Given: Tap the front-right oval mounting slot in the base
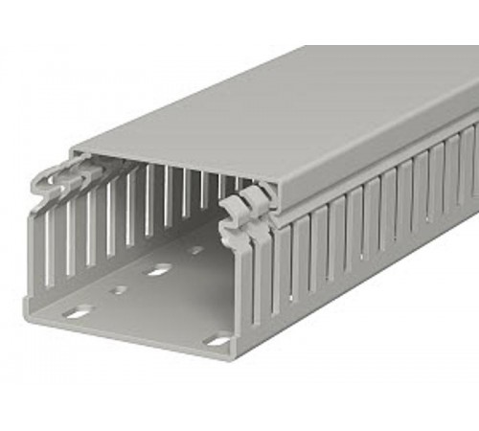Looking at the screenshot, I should click(218, 338).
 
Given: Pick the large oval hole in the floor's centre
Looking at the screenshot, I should click(156, 270).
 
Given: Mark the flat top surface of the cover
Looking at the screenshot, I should click(287, 105).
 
